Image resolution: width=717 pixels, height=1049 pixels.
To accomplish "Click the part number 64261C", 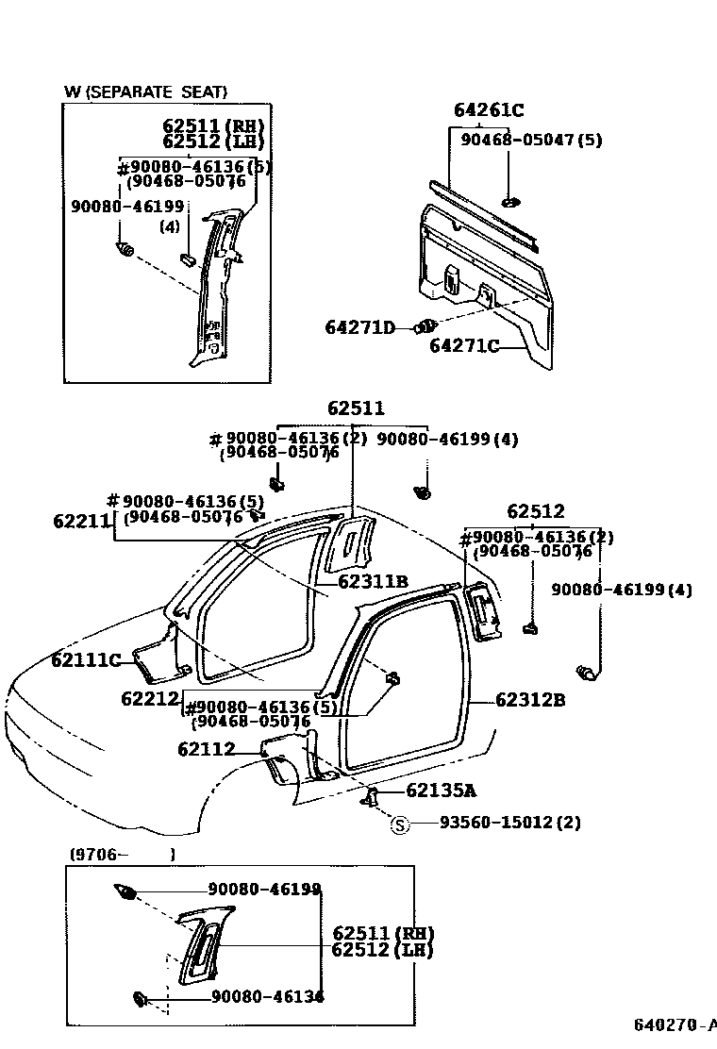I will pyautogui.click(x=488, y=110).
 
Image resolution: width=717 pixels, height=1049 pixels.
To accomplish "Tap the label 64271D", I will pyautogui.click(x=359, y=327).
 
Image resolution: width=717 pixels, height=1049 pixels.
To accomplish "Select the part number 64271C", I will pyautogui.click(x=464, y=346).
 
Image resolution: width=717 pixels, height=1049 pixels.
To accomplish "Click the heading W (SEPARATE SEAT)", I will pyautogui.click(x=145, y=92).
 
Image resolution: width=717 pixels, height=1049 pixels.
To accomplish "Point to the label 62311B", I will pyautogui.click(x=373, y=582).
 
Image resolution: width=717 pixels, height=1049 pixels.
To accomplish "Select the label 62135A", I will pyautogui.click(x=441, y=791).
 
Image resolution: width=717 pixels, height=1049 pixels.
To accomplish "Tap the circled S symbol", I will pyautogui.click(x=400, y=824).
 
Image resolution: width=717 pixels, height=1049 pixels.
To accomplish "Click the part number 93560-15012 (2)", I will pyautogui.click(x=509, y=824).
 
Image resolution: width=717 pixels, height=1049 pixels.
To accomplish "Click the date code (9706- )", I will pyautogui.click(x=121, y=854).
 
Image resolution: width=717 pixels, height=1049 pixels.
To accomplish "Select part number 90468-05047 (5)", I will pyautogui.click(x=530, y=140).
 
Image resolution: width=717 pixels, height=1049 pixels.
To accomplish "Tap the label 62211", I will pyautogui.click(x=82, y=521).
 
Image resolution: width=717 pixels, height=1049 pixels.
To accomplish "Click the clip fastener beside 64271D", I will pyautogui.click(x=426, y=326).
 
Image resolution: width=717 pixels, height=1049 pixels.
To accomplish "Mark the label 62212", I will pyautogui.click(x=150, y=699).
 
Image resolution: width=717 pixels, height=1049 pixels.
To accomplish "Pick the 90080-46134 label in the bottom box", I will pyautogui.click(x=267, y=996).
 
